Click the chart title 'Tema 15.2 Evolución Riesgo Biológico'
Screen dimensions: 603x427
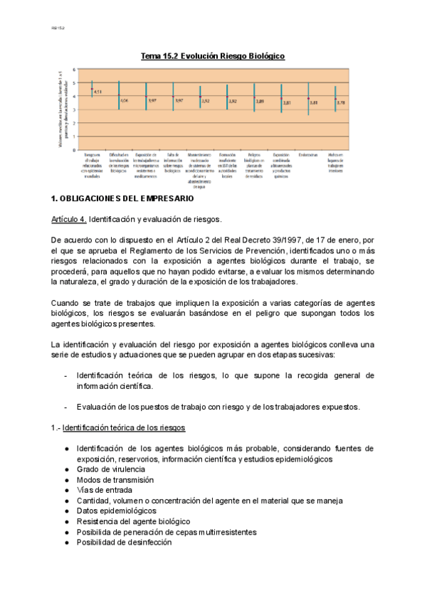[x=213, y=55]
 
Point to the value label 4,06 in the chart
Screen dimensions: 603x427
[x=125, y=101]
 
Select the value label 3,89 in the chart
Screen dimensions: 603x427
[x=260, y=101]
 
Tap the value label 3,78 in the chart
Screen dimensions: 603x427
[x=340, y=102]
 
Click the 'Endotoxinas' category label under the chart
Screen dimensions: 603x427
[x=308, y=154]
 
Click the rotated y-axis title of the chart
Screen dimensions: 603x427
[x=61, y=110]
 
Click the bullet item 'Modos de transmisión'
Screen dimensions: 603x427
[x=115, y=480]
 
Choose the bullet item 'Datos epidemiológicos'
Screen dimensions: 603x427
[x=116, y=511]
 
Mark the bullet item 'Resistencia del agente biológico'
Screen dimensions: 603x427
[x=133, y=521]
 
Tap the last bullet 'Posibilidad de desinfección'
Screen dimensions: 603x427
[x=125, y=542]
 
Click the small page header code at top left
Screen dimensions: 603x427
[x=58, y=28]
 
